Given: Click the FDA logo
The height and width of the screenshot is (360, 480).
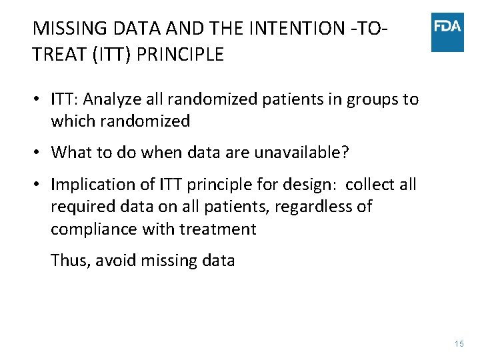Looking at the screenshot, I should point(447,31).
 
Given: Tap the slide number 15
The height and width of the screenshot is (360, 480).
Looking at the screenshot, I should point(458,343).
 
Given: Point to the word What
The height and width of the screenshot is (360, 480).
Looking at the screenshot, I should point(70,152).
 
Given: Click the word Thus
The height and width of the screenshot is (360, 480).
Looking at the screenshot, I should point(69,260).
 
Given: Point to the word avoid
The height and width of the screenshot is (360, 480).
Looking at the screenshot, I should point(114,260).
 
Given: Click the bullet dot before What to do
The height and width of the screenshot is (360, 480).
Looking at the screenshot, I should point(39,153).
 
